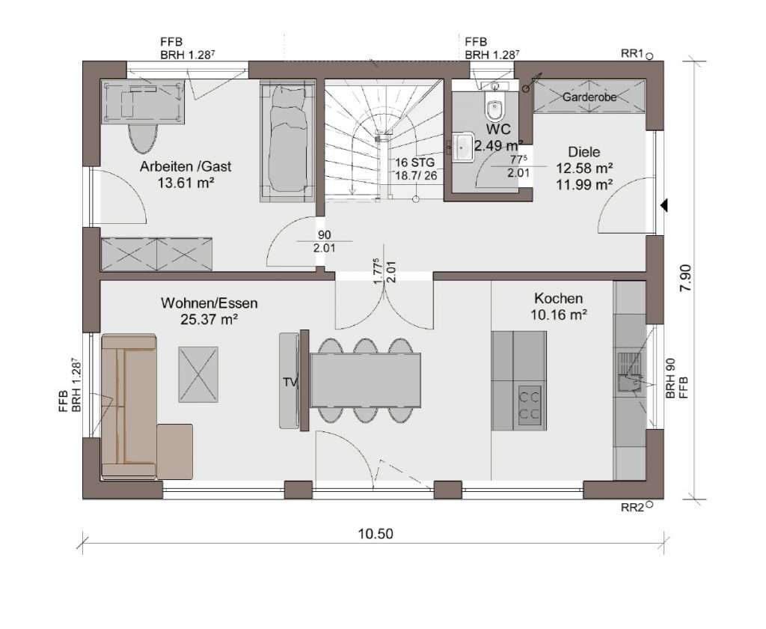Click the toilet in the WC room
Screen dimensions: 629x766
tap(494, 109)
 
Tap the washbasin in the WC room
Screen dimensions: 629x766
tap(462, 146)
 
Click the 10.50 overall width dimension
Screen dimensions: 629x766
tap(375, 534)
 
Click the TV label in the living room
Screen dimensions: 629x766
tap(289, 382)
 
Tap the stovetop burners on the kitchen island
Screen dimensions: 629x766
tap(530, 405)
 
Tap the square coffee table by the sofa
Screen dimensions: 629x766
tap(198, 374)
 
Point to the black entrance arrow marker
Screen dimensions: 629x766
tap(664, 204)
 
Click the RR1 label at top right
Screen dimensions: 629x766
tap(632, 53)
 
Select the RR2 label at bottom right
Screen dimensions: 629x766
tap(632, 508)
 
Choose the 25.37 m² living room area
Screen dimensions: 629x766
tap(209, 320)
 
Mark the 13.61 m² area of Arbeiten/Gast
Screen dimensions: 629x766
tap(186, 183)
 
